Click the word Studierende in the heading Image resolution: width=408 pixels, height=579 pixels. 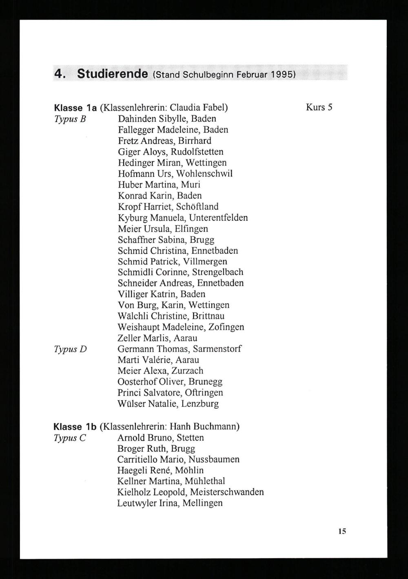pyautogui.click(x=112, y=74)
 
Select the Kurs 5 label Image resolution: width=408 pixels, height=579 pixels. pyautogui.click(x=319, y=107)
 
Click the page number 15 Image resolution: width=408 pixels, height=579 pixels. pyautogui.click(x=342, y=531)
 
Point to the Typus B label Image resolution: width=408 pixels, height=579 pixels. pyautogui.click(x=69, y=119)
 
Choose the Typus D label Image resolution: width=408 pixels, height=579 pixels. pyautogui.click(x=70, y=349)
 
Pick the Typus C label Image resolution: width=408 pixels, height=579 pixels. pyautogui.click(x=70, y=438)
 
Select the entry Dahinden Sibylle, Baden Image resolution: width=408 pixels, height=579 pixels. pyautogui.click(x=167, y=119)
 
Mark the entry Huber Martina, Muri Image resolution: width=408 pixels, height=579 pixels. pyautogui.click(x=159, y=185)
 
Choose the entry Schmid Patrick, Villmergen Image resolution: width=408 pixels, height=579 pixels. pyautogui.click(x=172, y=261)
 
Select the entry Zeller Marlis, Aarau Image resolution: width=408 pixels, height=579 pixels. pyautogui.click(x=157, y=338)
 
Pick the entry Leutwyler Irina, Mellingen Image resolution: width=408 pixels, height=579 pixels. pyautogui.click(x=170, y=503)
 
